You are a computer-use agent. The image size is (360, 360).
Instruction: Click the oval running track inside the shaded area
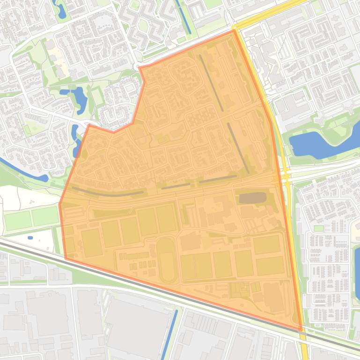pyautogui.click(x=167, y=259)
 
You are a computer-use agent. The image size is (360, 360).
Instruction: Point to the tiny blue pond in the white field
pyautogui.click(x=30, y=238)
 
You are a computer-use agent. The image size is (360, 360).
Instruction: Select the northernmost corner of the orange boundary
pyautogui.click(x=233, y=31)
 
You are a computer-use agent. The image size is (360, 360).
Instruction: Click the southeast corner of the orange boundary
pyautogui.click(x=301, y=330)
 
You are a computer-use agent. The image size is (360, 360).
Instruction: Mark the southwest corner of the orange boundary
pyautogui.click(x=65, y=258)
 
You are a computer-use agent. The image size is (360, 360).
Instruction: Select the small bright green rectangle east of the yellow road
pyautogui.click(x=319, y=228)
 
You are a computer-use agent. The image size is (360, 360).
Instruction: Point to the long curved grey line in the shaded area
pyautogui.click(x=108, y=193)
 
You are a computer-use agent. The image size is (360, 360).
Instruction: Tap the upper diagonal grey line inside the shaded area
pyautogui.click(x=211, y=83)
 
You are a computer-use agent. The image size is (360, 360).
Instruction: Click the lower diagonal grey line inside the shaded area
pyautogui.click(x=238, y=148)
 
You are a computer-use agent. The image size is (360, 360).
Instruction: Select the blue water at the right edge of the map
pyautogui.click(x=357, y=266)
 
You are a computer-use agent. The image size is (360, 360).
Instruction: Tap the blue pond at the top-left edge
pyautogui.click(x=61, y=10)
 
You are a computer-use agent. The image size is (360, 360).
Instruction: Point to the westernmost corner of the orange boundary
pyautogui.click(x=60, y=203)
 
